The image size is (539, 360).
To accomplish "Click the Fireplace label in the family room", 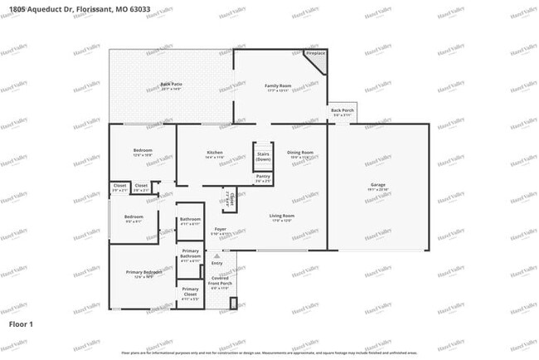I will pos(315,54).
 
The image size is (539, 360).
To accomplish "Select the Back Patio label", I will pos(171,85).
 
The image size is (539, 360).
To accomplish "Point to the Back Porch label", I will pos(342,110).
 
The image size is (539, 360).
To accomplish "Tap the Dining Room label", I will pos(300,153).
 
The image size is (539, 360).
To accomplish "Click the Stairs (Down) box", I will pos(263,156).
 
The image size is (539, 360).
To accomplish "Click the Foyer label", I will pos(221,229).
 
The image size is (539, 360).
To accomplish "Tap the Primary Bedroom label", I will pos(143,272).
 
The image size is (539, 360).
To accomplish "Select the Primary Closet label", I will pos(191,291).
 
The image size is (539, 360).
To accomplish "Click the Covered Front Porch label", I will pos(220,283).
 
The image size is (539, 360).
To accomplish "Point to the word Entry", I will pos(216,263).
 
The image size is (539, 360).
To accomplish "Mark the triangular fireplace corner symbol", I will pos(320,63).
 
